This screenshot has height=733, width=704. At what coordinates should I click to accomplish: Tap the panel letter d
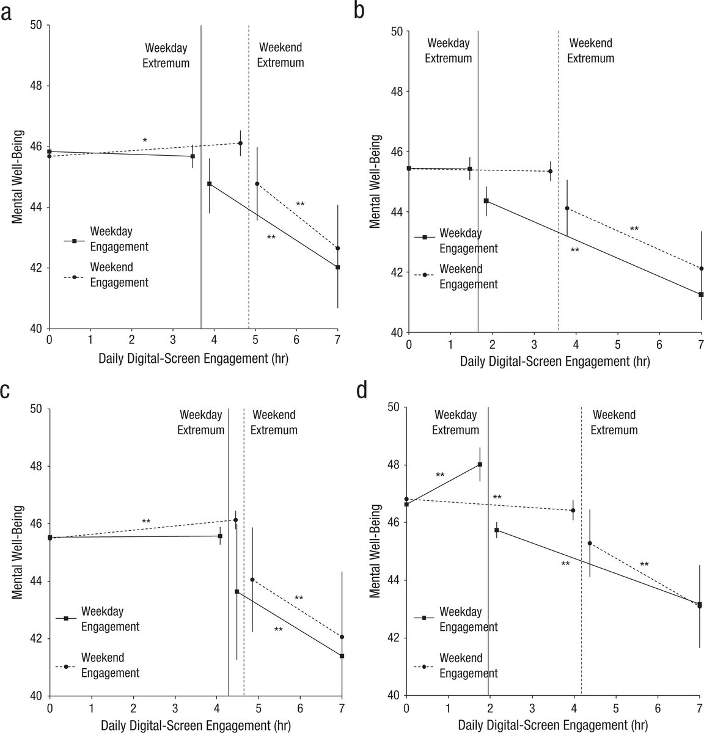[362, 390]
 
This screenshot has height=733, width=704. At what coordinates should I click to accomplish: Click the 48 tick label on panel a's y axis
[37, 86]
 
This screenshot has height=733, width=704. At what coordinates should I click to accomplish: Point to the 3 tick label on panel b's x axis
[534, 345]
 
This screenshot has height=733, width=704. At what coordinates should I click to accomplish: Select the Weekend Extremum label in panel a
[280, 55]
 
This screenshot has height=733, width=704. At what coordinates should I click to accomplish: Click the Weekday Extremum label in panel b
[448, 51]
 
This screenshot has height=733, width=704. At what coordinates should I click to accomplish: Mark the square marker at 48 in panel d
[480, 464]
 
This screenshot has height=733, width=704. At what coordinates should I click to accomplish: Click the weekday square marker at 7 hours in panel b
[701, 294]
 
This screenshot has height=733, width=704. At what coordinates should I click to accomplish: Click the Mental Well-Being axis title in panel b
[375, 181]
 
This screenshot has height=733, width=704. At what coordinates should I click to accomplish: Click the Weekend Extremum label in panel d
[614, 422]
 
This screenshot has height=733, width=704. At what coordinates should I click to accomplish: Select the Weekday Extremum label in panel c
[201, 422]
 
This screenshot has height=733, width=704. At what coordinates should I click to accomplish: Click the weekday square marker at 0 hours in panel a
[49, 151]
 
